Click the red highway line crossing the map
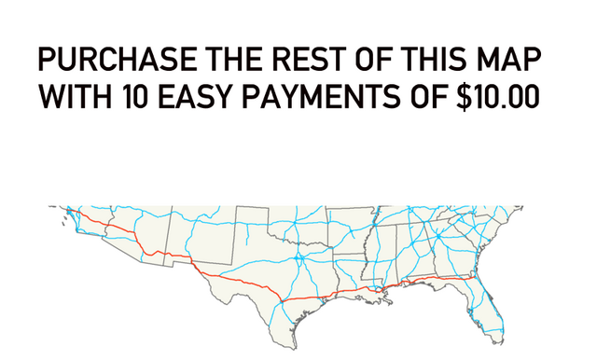point(243,281)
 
